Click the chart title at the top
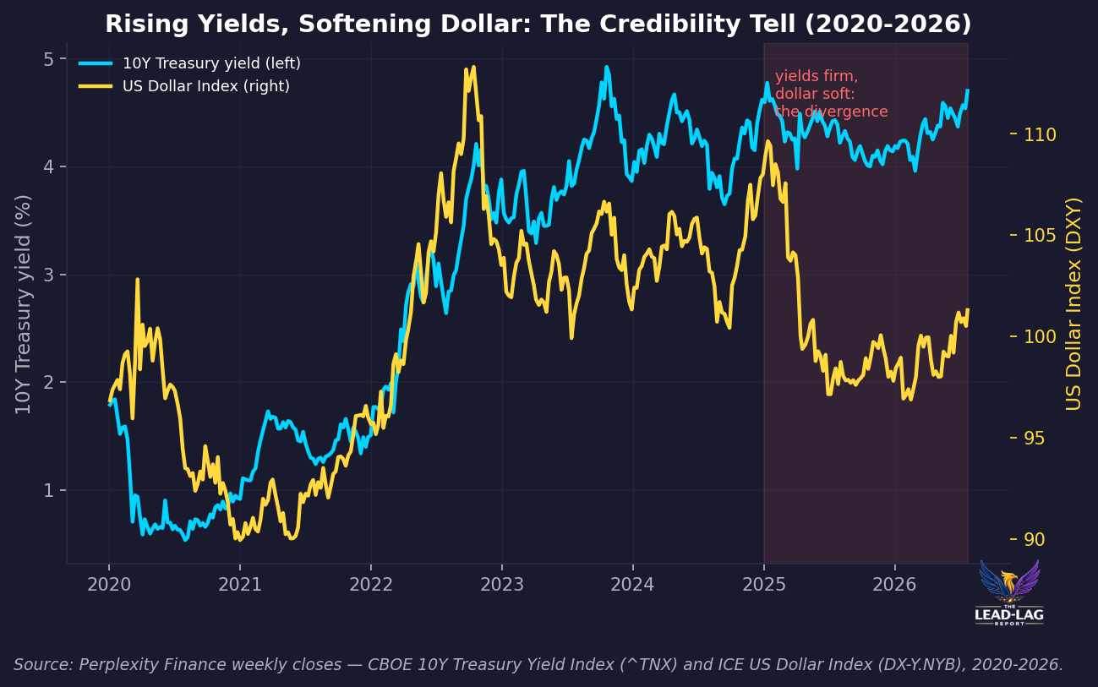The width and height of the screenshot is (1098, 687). click(538, 24)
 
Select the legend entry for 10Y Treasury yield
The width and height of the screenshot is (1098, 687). click(189, 63)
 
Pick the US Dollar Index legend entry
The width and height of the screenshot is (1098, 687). click(184, 86)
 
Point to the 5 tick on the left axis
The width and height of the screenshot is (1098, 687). click(48, 59)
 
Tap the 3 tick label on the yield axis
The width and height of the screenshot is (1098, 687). click(48, 275)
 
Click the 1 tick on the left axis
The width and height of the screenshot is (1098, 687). click(48, 490)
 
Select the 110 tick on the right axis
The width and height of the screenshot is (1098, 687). click(1040, 134)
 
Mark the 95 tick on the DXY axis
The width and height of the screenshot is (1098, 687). click(1034, 438)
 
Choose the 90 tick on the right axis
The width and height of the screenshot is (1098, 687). click(1034, 539)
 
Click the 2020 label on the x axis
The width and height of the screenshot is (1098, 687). click(109, 585)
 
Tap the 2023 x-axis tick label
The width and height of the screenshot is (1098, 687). click(502, 585)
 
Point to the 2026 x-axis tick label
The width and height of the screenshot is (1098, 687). click(895, 585)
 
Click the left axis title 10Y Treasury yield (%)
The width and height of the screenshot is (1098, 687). click(23, 304)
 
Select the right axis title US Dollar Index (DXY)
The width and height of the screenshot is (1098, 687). click(1073, 304)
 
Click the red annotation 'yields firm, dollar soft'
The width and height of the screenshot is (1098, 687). click(832, 94)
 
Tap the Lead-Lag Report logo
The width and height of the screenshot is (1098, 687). click(1009, 593)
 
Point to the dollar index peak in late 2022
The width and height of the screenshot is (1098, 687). click(473, 67)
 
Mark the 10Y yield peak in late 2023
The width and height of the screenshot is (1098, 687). click(607, 67)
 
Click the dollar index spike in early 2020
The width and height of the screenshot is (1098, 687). click(137, 280)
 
